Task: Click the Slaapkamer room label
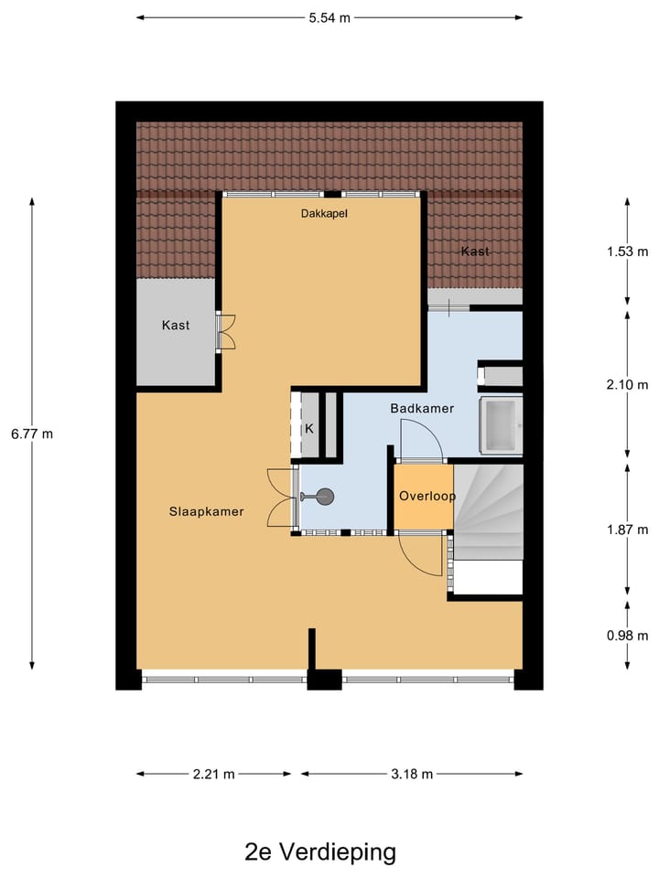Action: (206, 511)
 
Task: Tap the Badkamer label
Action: (422, 409)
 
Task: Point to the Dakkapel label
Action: (325, 214)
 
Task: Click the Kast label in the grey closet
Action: (176, 325)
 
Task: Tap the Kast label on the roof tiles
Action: (475, 252)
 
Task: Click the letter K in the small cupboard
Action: (309, 428)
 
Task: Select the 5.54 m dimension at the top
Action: (329, 17)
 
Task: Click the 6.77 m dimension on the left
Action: (32, 434)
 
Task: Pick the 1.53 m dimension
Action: (627, 252)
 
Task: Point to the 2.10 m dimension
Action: (627, 385)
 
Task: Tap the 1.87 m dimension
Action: (627, 530)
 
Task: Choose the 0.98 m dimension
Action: (627, 636)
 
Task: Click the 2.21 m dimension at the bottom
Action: (213, 774)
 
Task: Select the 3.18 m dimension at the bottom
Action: (411, 774)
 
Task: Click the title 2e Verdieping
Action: (320, 852)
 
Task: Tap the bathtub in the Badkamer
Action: (501, 425)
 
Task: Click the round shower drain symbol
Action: (325, 497)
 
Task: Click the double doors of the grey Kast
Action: (225, 331)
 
